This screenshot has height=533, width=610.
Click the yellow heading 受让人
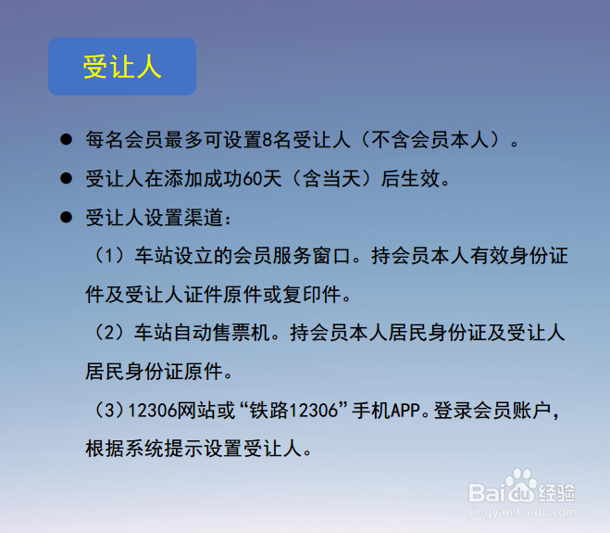(x=122, y=67)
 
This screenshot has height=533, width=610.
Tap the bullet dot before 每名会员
(x=66, y=139)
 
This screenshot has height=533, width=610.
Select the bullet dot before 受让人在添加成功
(x=66, y=179)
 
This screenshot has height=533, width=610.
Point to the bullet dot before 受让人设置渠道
(x=66, y=217)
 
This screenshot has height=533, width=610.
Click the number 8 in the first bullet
(x=267, y=140)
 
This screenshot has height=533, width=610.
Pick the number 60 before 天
(x=252, y=179)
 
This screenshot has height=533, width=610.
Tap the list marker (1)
(x=109, y=256)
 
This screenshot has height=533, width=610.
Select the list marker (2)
(x=109, y=333)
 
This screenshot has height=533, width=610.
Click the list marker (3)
(x=109, y=411)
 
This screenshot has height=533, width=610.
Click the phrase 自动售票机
(x=222, y=333)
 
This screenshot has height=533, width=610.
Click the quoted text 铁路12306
(x=293, y=411)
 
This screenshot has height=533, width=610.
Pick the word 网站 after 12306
(x=196, y=411)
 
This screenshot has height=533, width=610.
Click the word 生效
(x=420, y=179)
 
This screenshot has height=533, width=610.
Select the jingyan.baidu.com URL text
(x=522, y=512)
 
